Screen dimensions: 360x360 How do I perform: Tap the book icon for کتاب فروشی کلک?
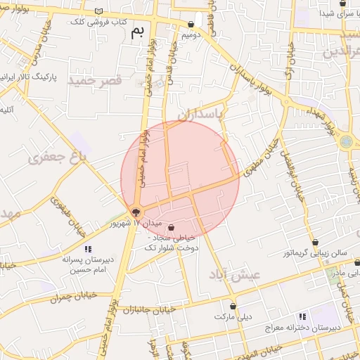tap(98, 11)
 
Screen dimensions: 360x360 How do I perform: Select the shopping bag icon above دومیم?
tap(191, 24)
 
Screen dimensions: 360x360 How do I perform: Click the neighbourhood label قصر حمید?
tap(95, 81)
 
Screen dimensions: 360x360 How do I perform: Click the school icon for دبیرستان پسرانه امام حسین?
tap(88, 249)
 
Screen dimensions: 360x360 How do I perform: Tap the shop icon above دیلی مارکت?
tap(232, 307)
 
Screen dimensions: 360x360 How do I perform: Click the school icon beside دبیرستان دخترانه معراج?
tap(303, 317)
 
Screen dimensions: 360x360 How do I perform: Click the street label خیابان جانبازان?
tap(148, 309)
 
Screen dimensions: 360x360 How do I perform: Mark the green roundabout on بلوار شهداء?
tap(347, 141)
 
